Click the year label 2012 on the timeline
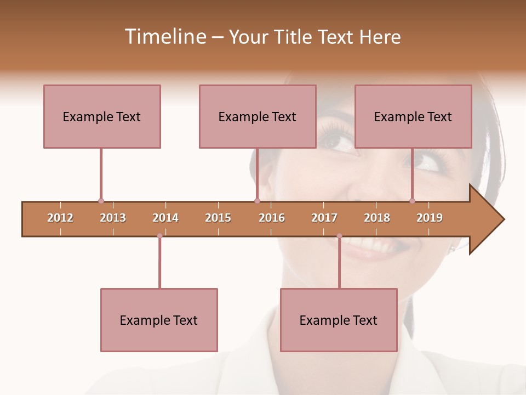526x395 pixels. (x=60, y=218)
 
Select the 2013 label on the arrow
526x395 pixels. (x=113, y=218)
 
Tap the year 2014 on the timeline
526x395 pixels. (x=165, y=218)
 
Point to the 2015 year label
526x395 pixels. (x=218, y=218)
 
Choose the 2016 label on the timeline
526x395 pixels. (x=272, y=218)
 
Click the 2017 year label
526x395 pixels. (x=324, y=218)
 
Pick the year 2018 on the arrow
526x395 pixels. (x=377, y=218)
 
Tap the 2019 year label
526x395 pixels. (x=430, y=218)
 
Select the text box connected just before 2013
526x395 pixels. (x=102, y=116)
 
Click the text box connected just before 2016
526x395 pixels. (x=258, y=116)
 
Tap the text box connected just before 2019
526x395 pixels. (x=413, y=116)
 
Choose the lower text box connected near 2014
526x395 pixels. (x=159, y=320)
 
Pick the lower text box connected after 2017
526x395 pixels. (x=339, y=320)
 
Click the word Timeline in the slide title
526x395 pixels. (x=164, y=37)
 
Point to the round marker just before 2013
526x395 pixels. (x=101, y=201)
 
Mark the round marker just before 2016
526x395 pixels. (x=257, y=201)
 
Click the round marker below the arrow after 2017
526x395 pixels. (x=339, y=236)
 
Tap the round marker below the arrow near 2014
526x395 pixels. (x=159, y=236)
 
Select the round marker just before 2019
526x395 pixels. (x=412, y=201)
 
